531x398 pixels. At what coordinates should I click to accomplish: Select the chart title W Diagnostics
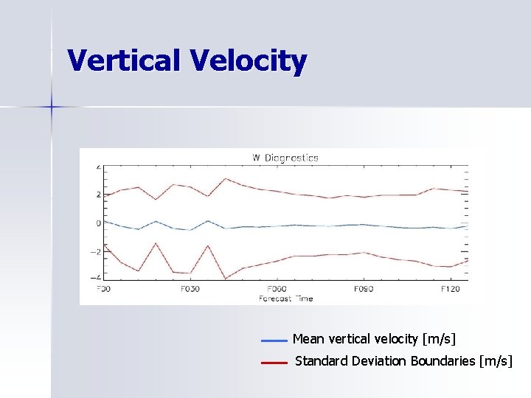point(285,157)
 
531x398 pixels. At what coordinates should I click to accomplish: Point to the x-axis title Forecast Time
point(285,298)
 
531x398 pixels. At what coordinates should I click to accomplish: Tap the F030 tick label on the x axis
point(190,289)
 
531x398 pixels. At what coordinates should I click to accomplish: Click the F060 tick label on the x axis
point(277,289)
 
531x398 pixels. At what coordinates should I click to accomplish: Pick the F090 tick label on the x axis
point(364,289)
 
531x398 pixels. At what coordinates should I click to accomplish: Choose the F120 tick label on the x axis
point(450,289)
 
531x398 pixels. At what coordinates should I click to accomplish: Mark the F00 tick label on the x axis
point(103,289)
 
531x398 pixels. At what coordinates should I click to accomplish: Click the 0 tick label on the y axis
point(98,223)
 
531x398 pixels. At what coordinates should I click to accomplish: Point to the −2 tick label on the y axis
point(97,251)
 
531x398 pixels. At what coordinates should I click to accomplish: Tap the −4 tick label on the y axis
point(97,277)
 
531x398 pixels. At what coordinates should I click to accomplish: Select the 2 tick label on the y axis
point(98,195)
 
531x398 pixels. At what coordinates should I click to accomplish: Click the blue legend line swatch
point(274,341)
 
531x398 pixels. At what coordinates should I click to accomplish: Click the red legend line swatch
point(274,363)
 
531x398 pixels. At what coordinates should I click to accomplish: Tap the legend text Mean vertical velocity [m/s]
point(374,339)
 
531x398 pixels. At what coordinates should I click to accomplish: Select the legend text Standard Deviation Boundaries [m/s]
point(403,361)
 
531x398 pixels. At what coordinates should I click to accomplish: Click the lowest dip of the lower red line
point(225,279)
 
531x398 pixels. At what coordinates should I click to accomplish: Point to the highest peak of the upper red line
point(226,178)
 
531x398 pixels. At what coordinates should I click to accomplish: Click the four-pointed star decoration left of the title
point(52,108)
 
